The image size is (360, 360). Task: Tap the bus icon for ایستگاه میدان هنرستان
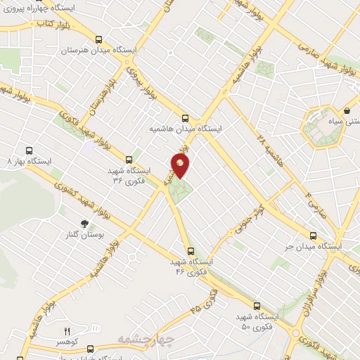(x=99, y=40)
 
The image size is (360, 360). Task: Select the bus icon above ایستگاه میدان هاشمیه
(x=185, y=118)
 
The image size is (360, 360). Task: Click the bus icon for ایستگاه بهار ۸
(x=29, y=150)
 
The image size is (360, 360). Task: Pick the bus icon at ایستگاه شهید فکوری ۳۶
(x=129, y=160)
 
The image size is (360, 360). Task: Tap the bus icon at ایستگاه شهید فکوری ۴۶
(x=191, y=250)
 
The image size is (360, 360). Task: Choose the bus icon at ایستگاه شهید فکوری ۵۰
(x=257, y=306)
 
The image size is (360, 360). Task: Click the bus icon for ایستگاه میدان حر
(x=313, y=236)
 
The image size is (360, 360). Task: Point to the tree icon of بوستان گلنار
(x=85, y=224)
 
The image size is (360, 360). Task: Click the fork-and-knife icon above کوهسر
(x=68, y=331)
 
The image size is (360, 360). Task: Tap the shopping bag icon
(x=347, y=111)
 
